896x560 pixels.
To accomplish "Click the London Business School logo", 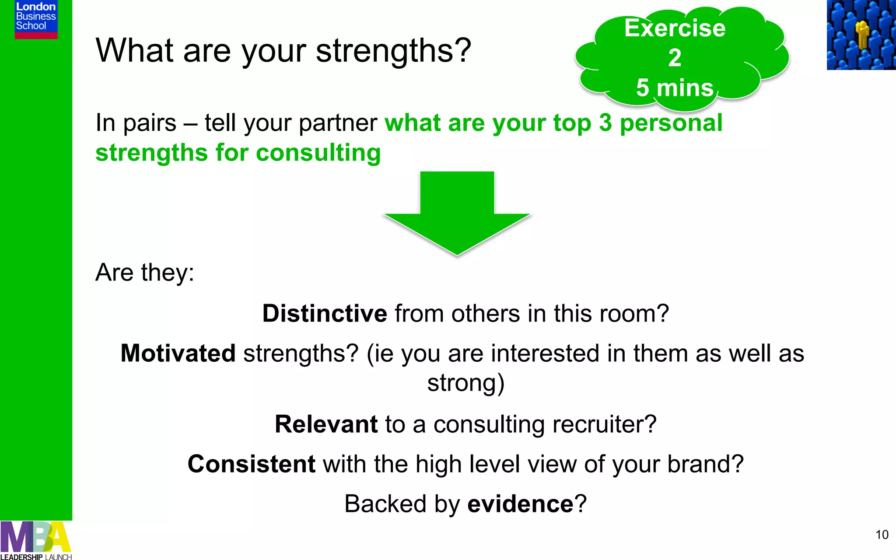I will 36,19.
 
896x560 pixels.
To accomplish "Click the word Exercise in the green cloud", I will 675,28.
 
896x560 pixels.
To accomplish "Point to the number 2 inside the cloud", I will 675,58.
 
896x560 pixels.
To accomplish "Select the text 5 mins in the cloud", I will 675,87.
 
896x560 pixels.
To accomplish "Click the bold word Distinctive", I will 325,314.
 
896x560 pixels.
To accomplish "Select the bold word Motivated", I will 178,353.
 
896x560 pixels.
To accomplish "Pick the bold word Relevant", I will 326,424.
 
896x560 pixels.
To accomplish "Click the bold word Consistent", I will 251,464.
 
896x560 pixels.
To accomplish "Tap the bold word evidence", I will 520,504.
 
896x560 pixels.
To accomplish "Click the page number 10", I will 882,535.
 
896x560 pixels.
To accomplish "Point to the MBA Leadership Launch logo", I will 36,541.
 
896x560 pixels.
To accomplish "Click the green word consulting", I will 318,153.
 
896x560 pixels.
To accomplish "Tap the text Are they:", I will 144,273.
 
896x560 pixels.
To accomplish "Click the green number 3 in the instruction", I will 605,123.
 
